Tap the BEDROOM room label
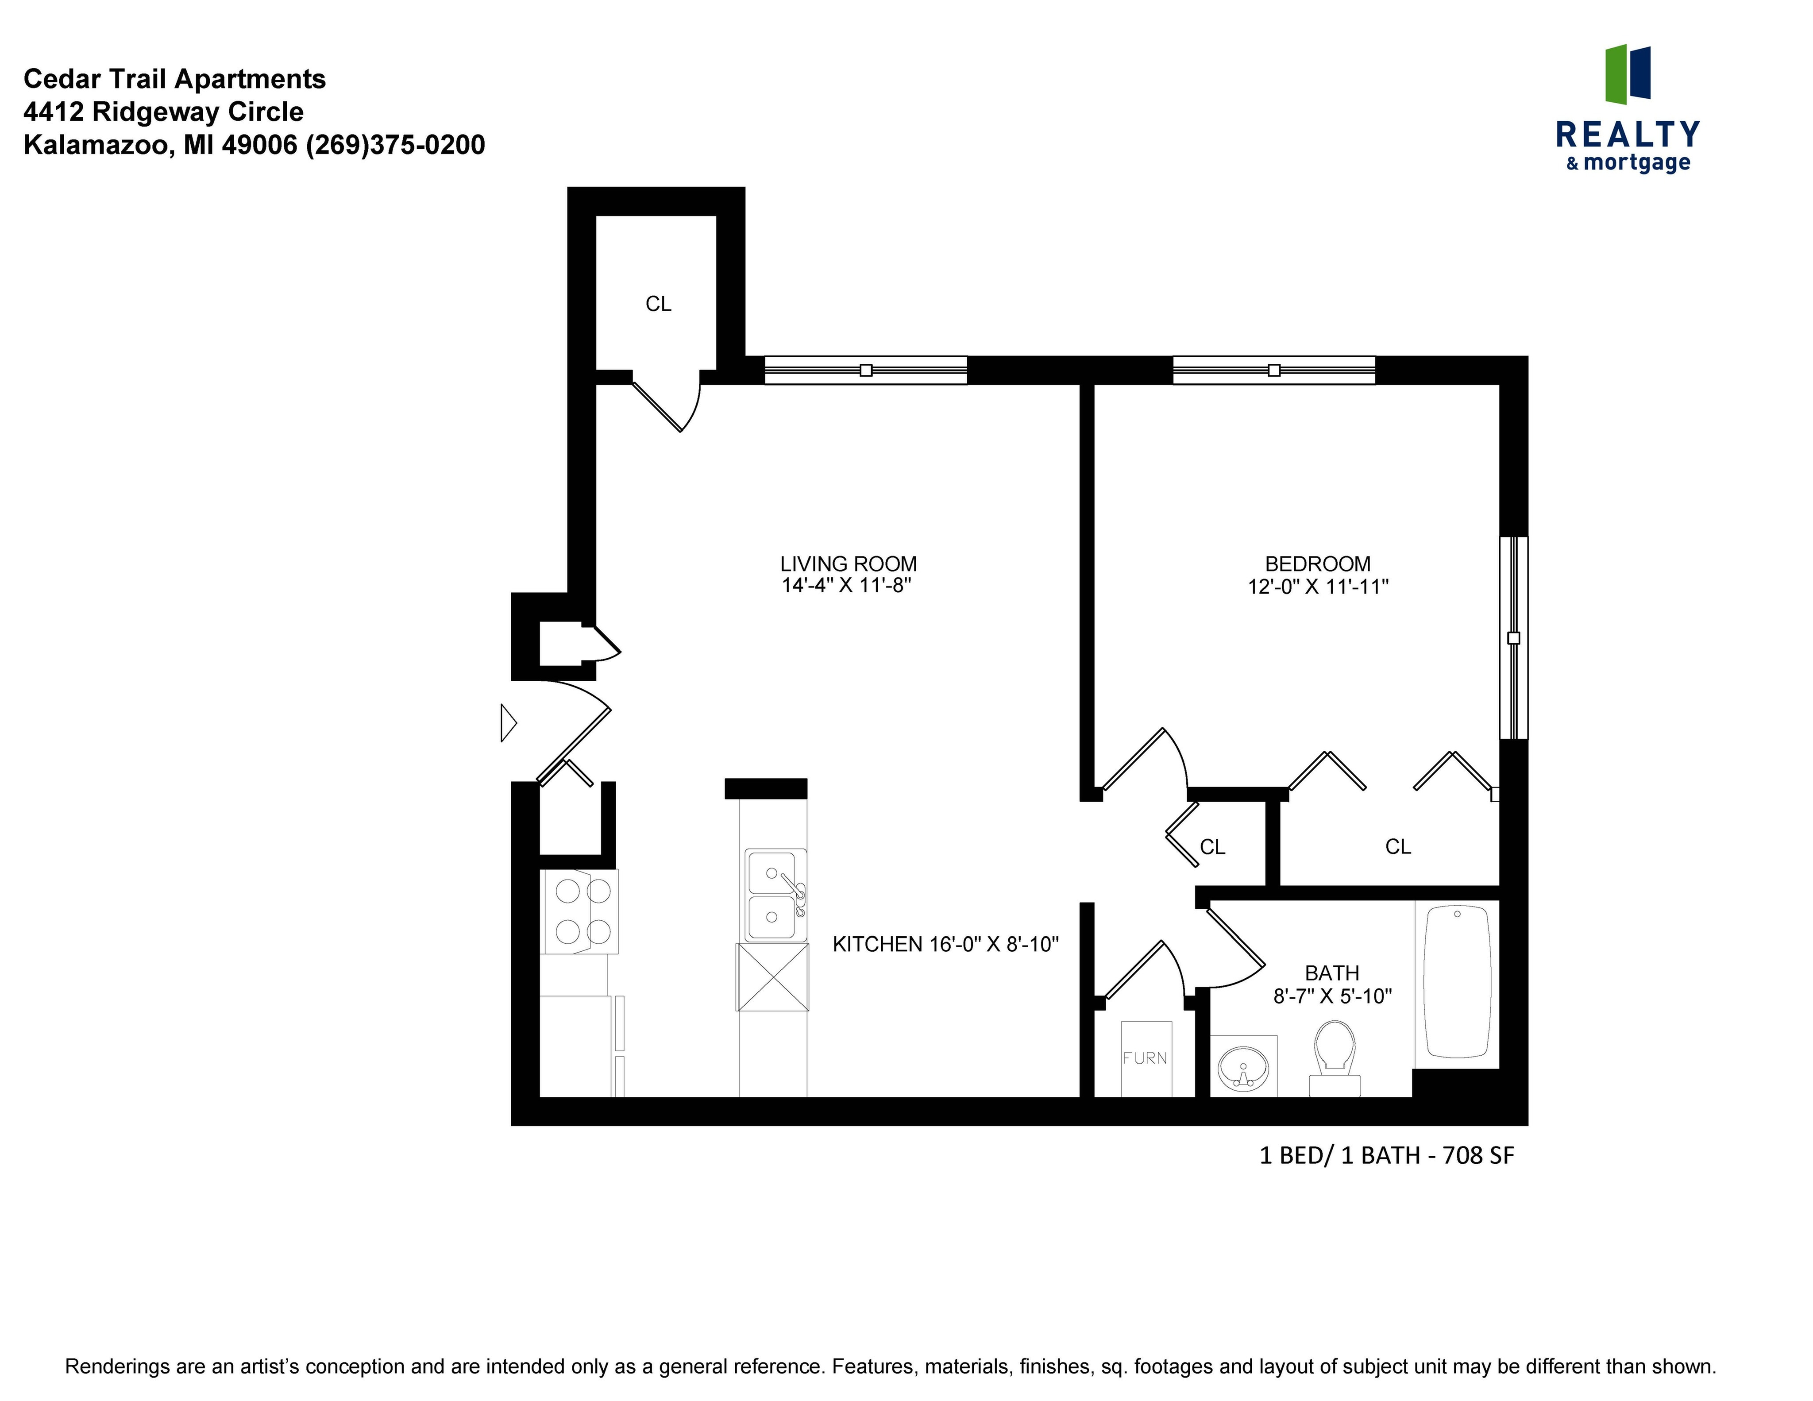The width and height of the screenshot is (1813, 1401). tap(1317, 564)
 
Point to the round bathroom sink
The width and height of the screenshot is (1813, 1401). tap(1243, 1066)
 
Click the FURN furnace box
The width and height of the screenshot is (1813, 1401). tap(1146, 1058)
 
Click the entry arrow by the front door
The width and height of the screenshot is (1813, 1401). tap(508, 723)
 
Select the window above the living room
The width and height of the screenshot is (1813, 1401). tap(866, 370)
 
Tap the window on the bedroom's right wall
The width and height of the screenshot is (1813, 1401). tap(1513, 637)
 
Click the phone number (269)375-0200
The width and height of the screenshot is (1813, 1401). tap(395, 145)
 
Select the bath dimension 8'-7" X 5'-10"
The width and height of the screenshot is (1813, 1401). tap(1332, 996)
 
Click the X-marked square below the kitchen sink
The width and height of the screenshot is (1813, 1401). tap(772, 977)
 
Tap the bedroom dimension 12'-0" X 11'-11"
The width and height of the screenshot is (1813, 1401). tap(1317, 587)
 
